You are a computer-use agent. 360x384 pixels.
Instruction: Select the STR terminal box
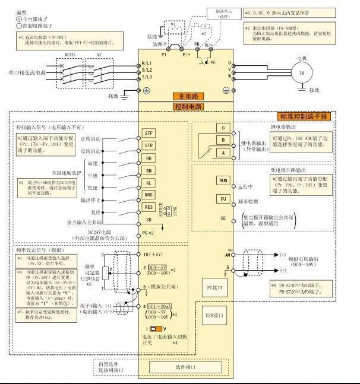[149, 145]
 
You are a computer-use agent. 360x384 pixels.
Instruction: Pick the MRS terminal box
[149, 195]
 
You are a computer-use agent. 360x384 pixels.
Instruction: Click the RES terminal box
[149, 207]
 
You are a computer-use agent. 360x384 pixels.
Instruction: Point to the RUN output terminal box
[223, 179]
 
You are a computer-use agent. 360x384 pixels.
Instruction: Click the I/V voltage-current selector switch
[154, 328]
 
